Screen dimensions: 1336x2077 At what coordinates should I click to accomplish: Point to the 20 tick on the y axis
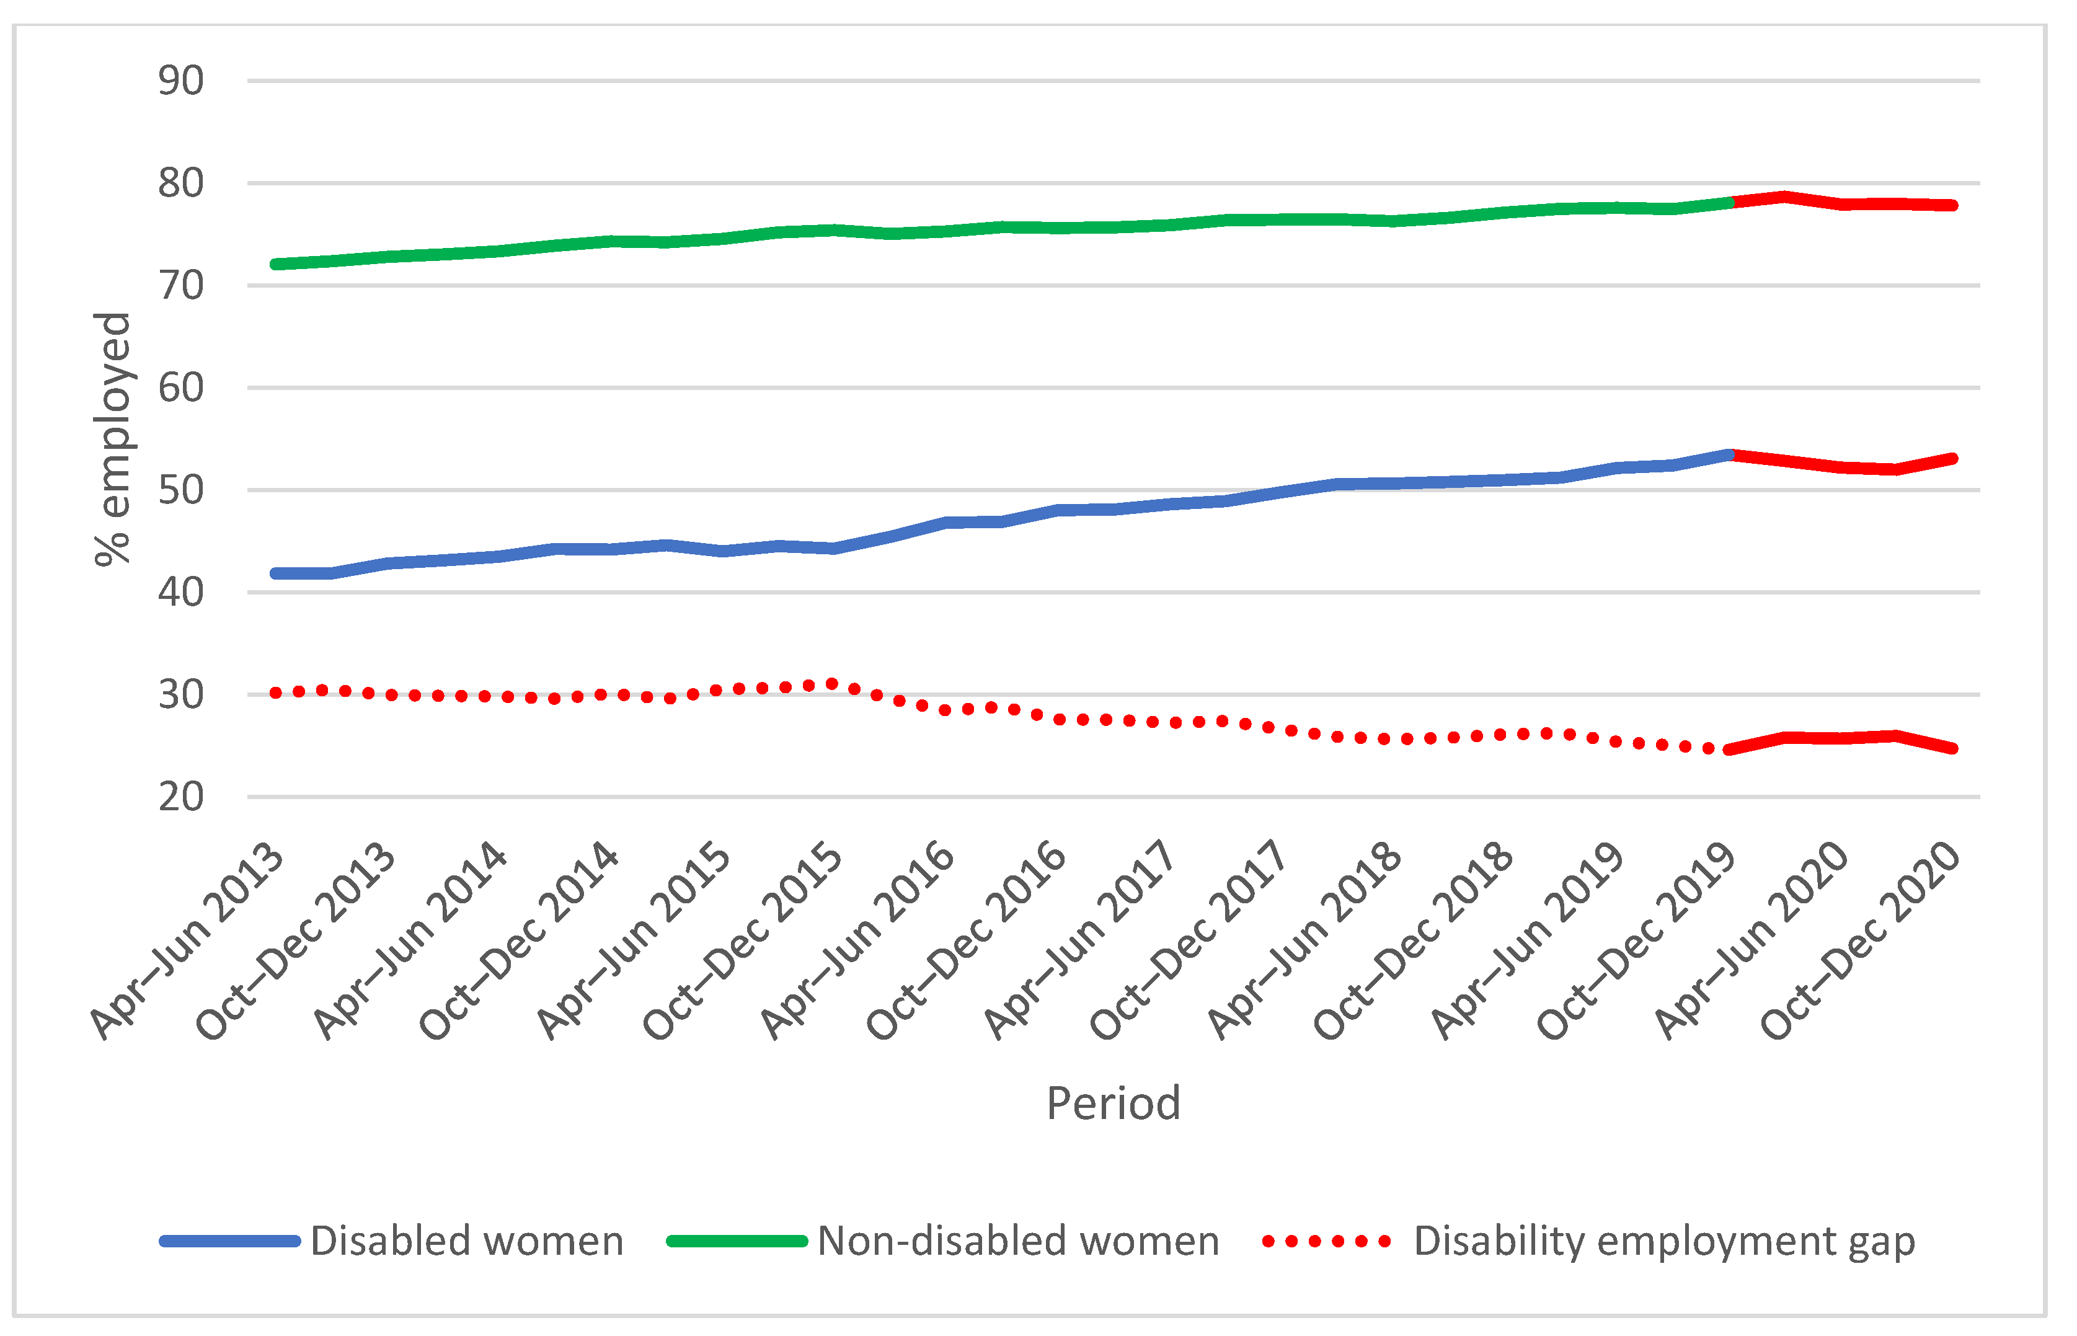pos(180,797)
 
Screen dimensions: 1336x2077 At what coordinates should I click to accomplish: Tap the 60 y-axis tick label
pos(180,388)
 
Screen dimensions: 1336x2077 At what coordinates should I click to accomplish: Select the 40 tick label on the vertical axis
pos(180,593)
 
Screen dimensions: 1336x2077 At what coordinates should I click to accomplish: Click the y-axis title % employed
pos(113,439)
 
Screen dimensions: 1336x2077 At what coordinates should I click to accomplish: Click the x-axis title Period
pos(1113,1104)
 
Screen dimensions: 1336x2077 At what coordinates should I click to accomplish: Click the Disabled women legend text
pos(467,1241)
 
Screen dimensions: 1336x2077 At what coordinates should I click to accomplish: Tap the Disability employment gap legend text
pos(1664,1241)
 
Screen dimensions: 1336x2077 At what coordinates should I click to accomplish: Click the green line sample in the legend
pos(737,1241)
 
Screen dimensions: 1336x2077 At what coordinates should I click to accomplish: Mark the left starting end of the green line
pos(276,263)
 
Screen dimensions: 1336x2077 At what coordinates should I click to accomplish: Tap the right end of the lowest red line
pos(1953,748)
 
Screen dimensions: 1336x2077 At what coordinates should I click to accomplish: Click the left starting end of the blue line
pos(276,573)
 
